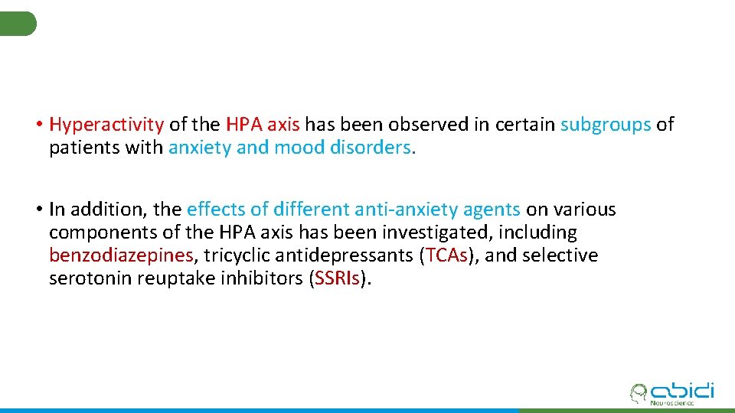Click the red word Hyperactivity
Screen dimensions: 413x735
pos(106,125)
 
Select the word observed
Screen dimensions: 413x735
pos(449,125)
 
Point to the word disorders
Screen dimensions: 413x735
pos(373,148)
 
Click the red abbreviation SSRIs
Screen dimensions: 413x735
pos(338,278)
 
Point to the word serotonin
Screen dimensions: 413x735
pos(90,278)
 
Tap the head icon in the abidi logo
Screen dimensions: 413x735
pos(638,393)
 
